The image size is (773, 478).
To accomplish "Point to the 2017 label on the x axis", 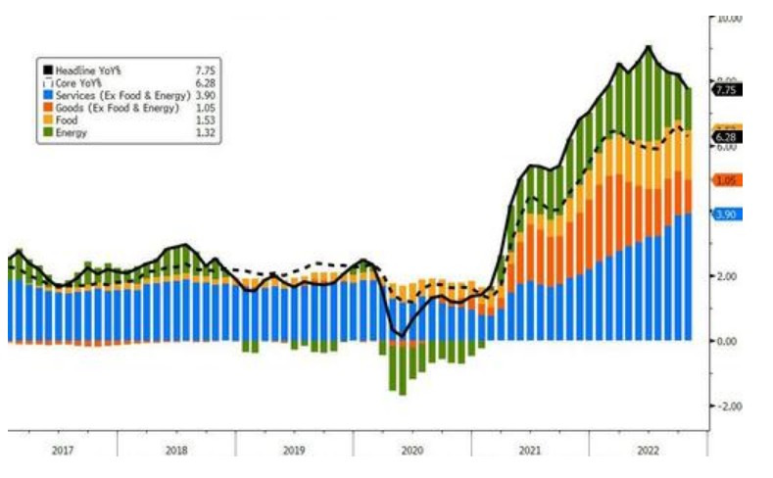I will coord(62,452).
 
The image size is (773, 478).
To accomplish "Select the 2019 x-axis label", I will coord(295,452).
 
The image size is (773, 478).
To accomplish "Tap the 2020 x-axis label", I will coord(411,452).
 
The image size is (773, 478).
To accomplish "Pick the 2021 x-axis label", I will coord(529,452).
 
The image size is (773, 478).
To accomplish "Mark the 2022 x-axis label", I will coord(647,452).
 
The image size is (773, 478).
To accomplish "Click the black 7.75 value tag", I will coord(728,89).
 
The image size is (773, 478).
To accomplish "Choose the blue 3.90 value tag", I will coord(728,214).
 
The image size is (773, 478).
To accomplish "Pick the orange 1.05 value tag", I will coord(728,180).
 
